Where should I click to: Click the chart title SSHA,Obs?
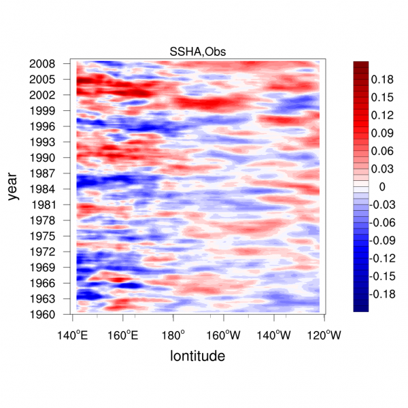point(198,52)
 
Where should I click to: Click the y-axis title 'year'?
point(14,188)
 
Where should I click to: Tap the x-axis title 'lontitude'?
point(198,356)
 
